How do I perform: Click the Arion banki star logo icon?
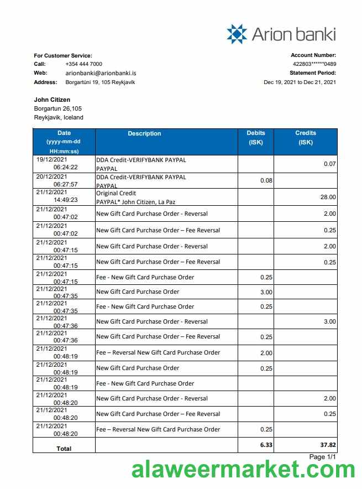point(237,34)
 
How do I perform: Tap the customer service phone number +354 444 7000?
point(83,64)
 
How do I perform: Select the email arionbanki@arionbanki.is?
point(101,73)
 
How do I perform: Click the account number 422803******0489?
point(314,64)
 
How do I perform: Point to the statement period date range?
point(300,82)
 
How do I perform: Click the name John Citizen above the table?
point(52,100)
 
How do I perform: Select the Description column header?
point(144,134)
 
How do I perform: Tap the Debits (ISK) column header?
point(256,138)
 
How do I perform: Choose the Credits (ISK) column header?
point(306,138)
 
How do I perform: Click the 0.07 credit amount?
point(329,164)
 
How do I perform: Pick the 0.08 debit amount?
point(266,180)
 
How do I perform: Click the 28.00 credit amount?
point(328,197)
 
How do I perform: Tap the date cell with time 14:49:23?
point(64,196)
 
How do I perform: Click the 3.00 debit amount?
point(266,292)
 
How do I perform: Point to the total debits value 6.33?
point(266,445)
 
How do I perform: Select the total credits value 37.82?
point(327,445)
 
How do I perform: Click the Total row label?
point(64,449)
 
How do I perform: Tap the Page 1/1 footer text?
point(323,457)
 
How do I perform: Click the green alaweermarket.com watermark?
point(243,471)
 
